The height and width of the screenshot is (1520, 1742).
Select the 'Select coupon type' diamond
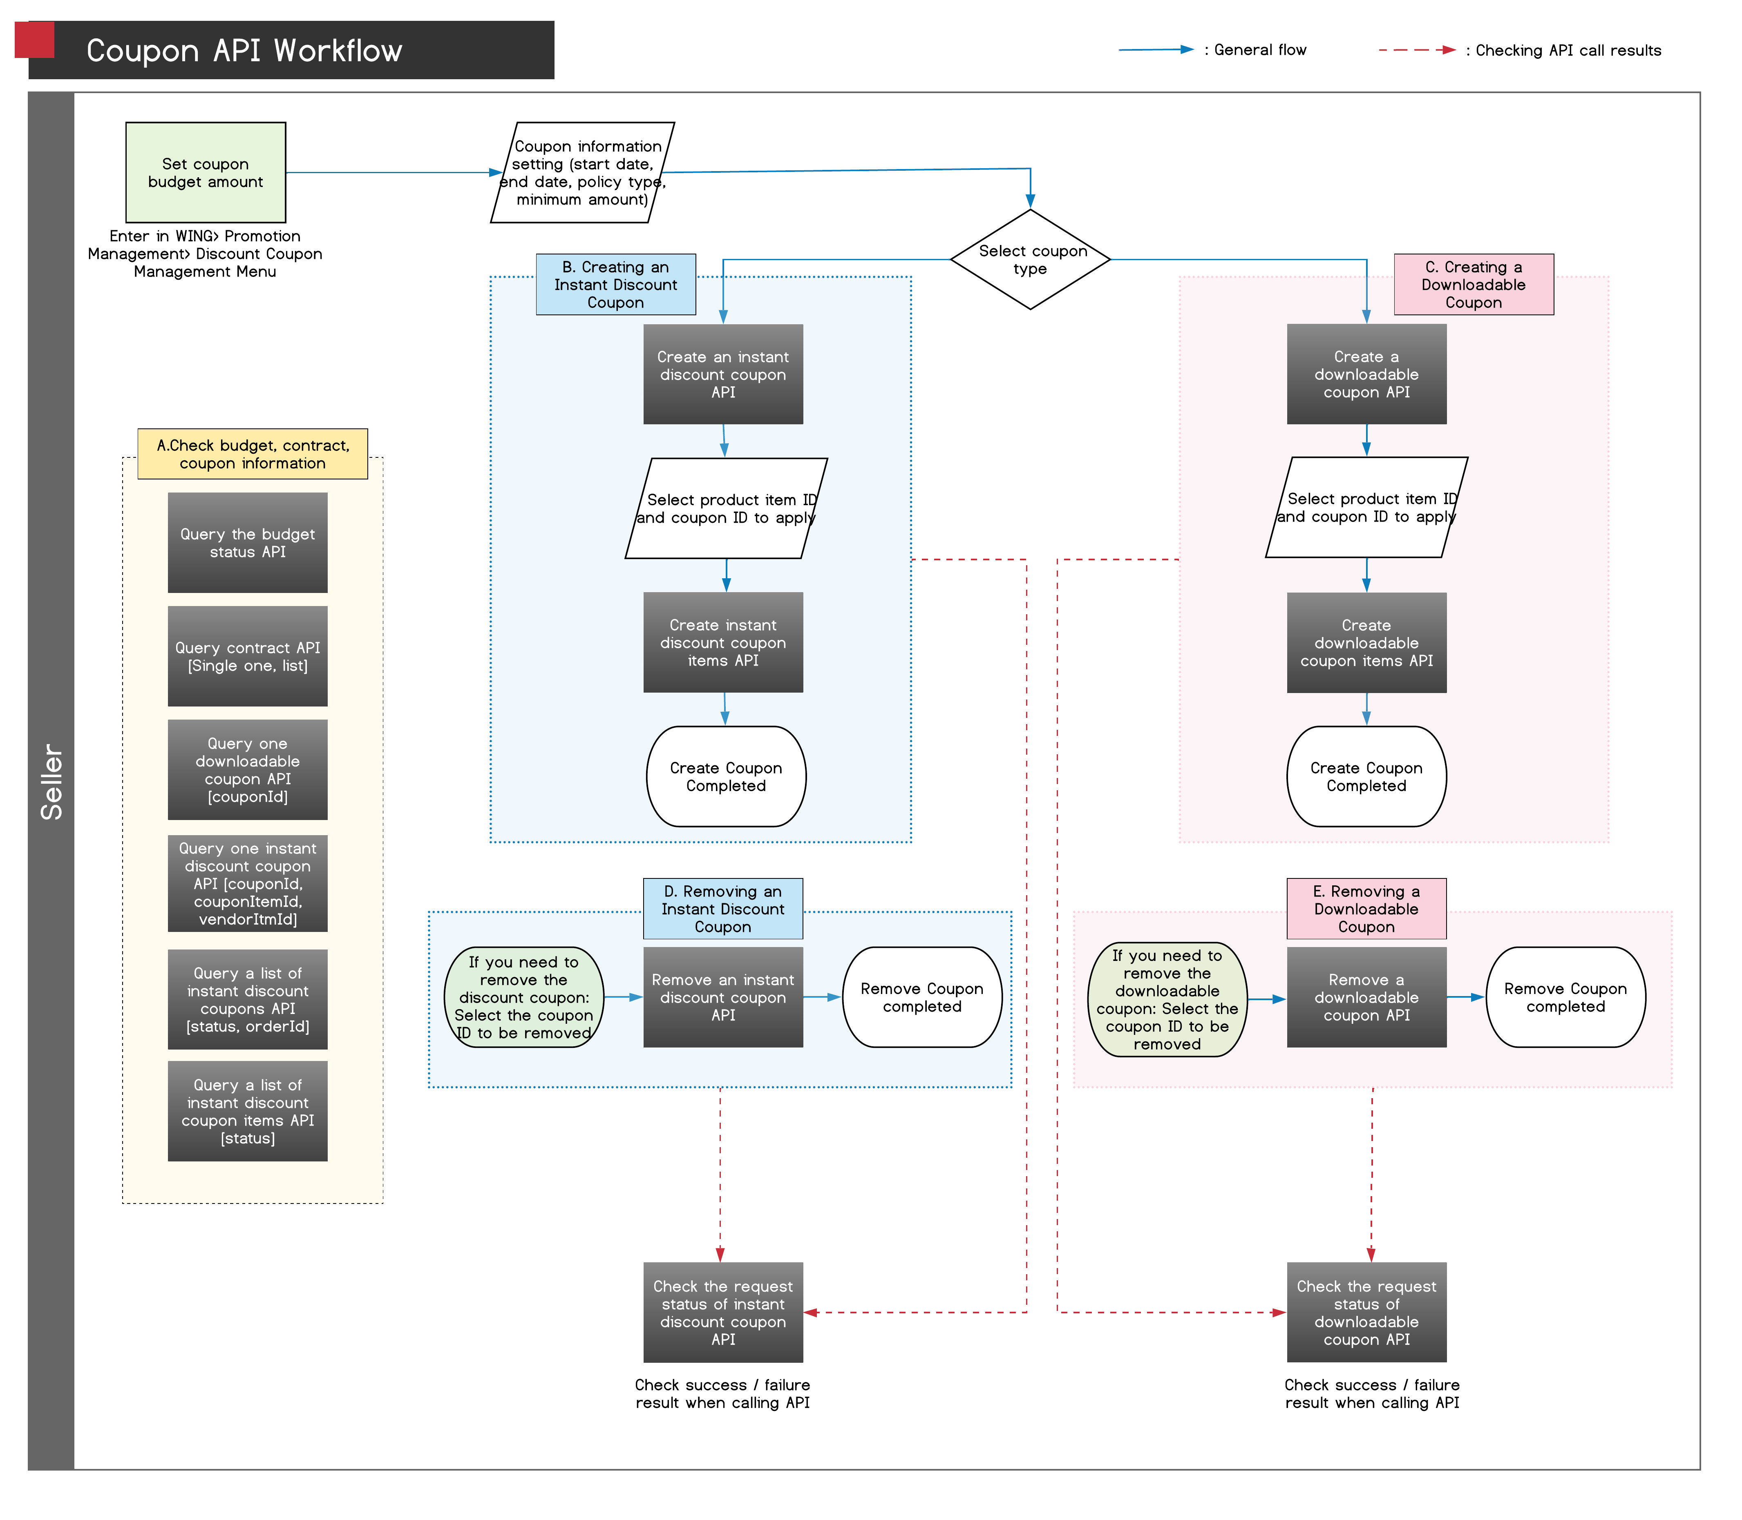(1030, 260)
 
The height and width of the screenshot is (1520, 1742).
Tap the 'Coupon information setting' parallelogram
(583, 172)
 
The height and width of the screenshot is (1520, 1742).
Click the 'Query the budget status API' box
(248, 543)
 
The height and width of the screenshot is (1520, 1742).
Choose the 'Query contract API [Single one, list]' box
(248, 657)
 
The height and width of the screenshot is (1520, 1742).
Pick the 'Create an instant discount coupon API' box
(723, 374)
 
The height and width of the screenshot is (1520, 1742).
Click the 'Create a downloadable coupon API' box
(1366, 374)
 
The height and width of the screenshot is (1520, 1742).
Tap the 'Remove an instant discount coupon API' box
(723, 998)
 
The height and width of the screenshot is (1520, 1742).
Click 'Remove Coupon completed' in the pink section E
(1565, 998)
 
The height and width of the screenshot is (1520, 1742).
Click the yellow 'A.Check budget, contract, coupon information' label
(253, 454)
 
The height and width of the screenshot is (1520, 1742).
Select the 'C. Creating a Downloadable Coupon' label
(1474, 284)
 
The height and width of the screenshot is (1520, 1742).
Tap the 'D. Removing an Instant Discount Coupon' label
(723, 908)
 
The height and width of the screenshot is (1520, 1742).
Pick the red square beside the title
(35, 40)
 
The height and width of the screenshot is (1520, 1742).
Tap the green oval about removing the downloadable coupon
(1167, 999)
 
